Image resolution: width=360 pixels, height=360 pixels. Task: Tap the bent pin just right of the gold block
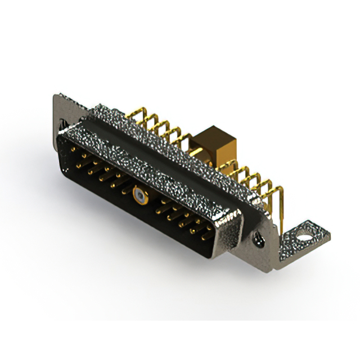pos(231,166)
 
